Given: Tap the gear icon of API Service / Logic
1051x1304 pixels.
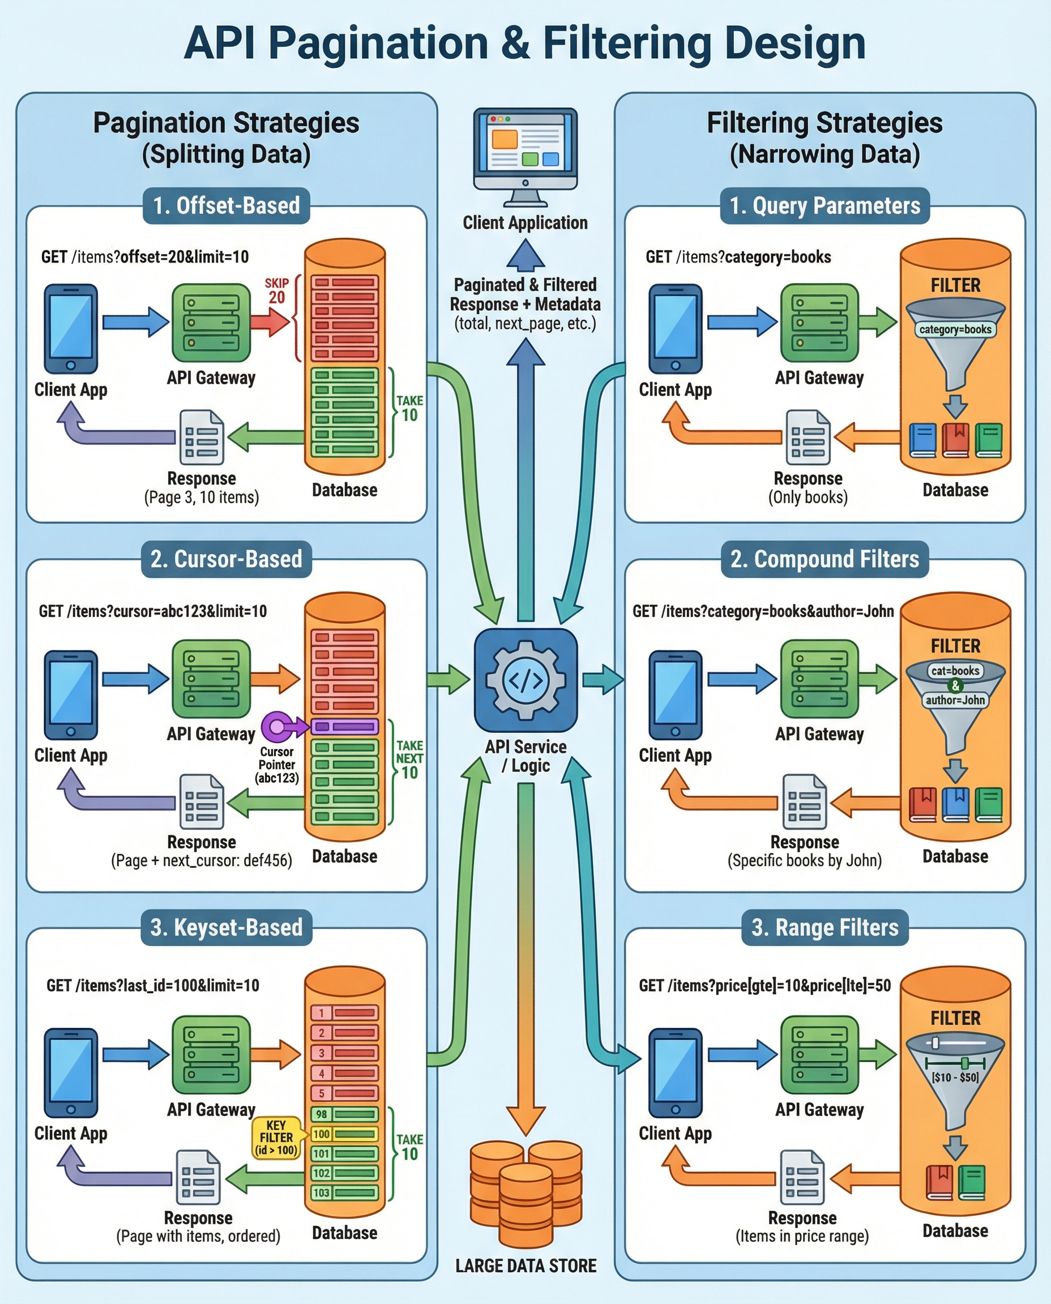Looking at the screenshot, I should (525, 680).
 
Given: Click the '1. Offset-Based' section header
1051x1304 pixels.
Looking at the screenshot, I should (226, 206).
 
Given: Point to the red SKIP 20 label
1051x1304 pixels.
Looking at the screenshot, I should (277, 291).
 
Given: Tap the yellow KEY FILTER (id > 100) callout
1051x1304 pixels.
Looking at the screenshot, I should (276, 1138).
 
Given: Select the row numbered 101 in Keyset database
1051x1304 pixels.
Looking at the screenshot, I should (344, 1153).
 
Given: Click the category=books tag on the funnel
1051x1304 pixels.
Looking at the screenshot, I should (955, 329).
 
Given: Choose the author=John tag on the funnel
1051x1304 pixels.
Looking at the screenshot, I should (955, 700).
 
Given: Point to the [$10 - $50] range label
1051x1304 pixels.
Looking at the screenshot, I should (955, 1077).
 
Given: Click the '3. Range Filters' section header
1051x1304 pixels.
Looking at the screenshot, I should (824, 928).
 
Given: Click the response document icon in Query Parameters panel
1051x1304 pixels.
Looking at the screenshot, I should (808, 437).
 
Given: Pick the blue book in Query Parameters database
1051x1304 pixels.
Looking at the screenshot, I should (922, 440).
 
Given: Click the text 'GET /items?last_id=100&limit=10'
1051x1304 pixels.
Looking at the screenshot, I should (152, 986).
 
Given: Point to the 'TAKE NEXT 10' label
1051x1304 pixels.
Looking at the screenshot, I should (409, 759).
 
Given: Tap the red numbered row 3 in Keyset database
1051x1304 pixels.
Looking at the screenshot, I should (344, 1053).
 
